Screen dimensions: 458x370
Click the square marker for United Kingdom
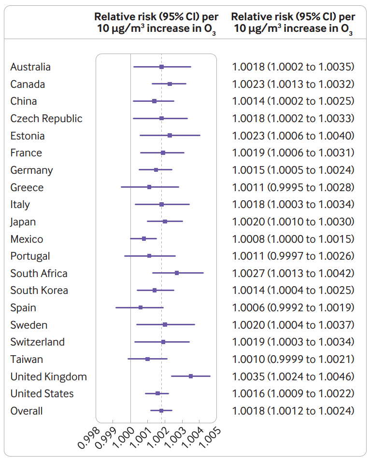point(191,376)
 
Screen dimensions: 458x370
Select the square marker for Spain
point(141,307)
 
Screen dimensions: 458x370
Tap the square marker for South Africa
point(177,273)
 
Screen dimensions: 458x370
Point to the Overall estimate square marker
point(161,411)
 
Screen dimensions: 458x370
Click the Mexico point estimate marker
point(144,238)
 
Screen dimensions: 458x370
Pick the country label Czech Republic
point(46,119)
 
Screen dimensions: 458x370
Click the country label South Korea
point(39,291)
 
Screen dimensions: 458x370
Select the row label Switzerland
point(38,342)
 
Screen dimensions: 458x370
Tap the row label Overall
point(27,411)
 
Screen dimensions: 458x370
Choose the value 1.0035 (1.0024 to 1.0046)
point(293,376)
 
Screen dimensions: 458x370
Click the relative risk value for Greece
point(293,187)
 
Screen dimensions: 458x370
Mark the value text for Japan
point(293,222)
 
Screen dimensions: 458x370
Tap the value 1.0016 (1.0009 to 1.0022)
point(293,393)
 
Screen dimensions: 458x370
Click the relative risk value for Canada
point(293,84)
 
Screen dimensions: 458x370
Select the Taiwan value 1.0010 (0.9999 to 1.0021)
point(293,359)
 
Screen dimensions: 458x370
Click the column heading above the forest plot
point(155,23)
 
